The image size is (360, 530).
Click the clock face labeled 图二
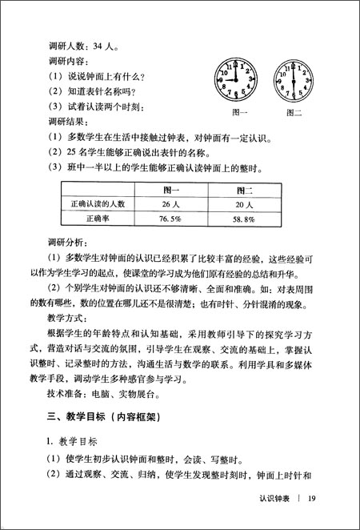298,79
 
